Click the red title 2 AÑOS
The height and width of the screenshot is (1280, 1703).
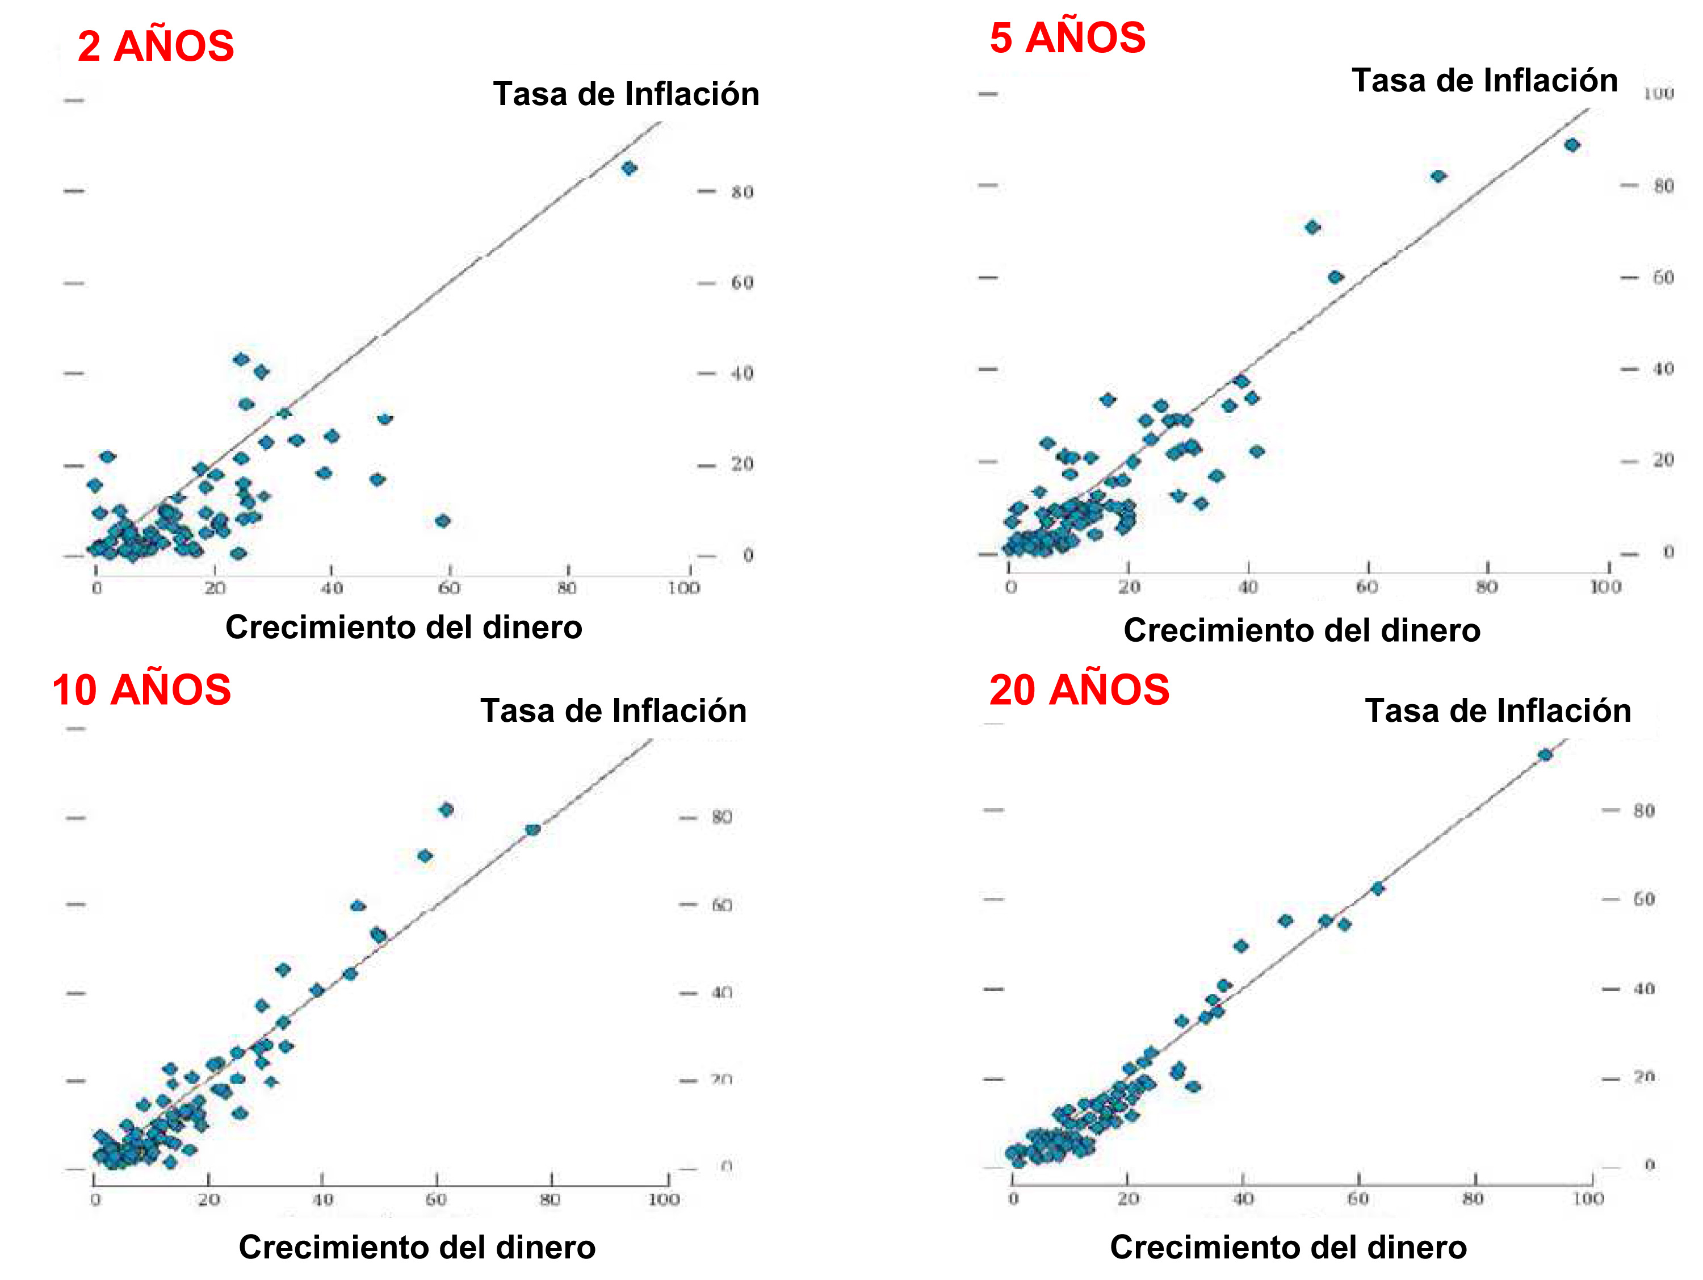tap(156, 46)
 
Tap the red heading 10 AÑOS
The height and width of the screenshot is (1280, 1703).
tap(142, 689)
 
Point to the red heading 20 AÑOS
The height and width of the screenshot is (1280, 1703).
tap(1079, 689)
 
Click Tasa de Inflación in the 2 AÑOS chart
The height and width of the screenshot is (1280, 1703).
tap(626, 94)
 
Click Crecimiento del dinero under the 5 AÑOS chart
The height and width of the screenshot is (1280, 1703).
tap(1301, 630)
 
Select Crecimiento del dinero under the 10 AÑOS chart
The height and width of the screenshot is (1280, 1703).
tap(417, 1247)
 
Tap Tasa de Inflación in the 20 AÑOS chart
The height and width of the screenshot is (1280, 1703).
tap(1498, 710)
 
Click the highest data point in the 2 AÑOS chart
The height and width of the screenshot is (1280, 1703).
tap(629, 168)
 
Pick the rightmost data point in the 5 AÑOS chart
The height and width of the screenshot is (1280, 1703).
tap(1572, 145)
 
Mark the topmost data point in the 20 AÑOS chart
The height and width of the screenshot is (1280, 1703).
tap(1545, 755)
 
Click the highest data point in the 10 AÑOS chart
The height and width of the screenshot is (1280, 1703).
tap(446, 809)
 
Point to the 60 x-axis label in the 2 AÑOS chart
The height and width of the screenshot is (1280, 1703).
tap(449, 588)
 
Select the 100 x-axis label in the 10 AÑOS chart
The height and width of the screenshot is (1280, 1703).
tap(663, 1199)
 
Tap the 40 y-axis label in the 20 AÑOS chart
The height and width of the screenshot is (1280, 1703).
tap(1644, 989)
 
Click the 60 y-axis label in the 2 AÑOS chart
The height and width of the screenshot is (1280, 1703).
tap(742, 283)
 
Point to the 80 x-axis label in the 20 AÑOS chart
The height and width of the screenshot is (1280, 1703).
tap(1473, 1198)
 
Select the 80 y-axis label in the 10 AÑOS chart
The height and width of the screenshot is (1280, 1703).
tap(722, 817)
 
